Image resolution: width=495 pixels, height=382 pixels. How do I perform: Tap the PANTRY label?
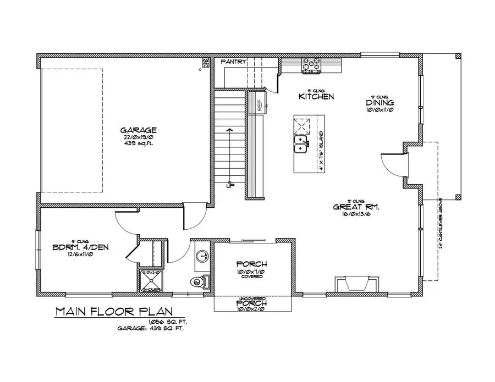tap(234, 62)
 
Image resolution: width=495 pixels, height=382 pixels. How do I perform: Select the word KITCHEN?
tap(316, 97)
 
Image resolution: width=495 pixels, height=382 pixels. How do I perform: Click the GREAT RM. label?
tap(357, 207)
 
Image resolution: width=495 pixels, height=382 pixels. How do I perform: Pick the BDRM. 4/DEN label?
tap(80, 247)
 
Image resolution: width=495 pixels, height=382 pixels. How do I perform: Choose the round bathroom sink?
tap(202, 256)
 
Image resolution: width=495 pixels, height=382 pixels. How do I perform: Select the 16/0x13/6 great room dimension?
tap(357, 215)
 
